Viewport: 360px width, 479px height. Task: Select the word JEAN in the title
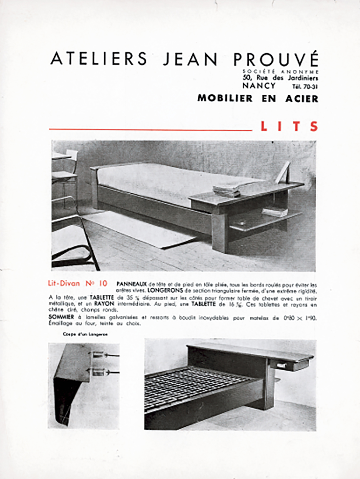pyautogui.click(x=190, y=59)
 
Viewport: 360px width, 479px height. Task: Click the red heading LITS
pyautogui.click(x=289, y=126)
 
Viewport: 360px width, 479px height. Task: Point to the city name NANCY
pyautogui.click(x=259, y=86)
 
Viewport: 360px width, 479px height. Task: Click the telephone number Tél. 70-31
pyautogui.click(x=305, y=87)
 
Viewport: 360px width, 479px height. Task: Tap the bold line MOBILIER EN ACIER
pyautogui.click(x=258, y=98)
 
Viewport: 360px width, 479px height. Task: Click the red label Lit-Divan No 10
pyautogui.click(x=77, y=283)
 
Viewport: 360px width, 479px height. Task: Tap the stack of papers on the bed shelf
pyautogui.click(x=227, y=190)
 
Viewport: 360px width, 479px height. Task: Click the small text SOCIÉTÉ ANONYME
pyautogui.click(x=280, y=72)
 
